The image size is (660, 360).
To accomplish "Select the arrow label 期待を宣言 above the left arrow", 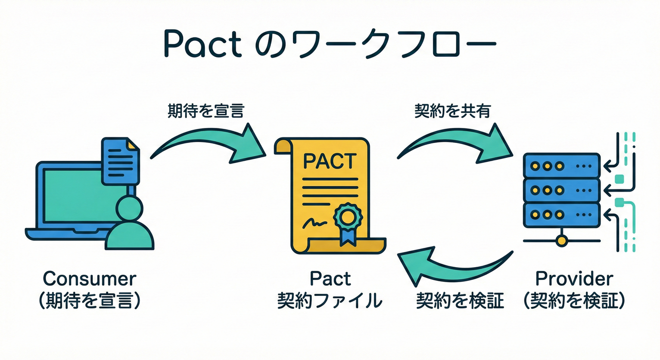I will pos(205,112).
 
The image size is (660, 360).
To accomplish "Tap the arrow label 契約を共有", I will pos(453,112).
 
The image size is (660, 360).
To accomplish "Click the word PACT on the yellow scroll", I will pos(330,161).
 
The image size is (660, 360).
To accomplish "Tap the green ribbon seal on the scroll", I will pos(347,220).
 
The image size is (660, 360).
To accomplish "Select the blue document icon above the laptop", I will pos(120,160).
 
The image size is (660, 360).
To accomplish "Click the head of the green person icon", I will pos(129,208).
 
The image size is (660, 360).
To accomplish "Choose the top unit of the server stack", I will pos(561,166).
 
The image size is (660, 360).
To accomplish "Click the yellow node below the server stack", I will pos(561,241).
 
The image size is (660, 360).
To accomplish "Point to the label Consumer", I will pos(90,279).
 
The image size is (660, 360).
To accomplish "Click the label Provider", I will pos(574,279).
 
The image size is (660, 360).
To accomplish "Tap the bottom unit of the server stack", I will pos(561,216).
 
